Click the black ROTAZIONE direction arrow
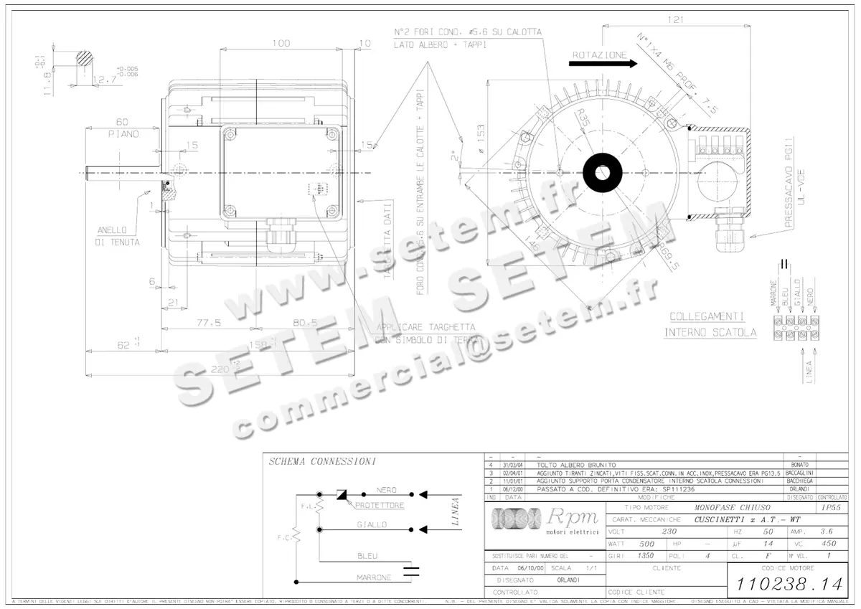[602, 63]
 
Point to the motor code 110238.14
[788, 584]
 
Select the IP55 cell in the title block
[832, 507]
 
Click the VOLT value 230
[669, 532]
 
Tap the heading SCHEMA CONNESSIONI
[319, 462]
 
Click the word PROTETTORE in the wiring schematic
[378, 506]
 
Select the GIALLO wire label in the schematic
[372, 524]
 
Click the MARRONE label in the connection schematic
[373, 577]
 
